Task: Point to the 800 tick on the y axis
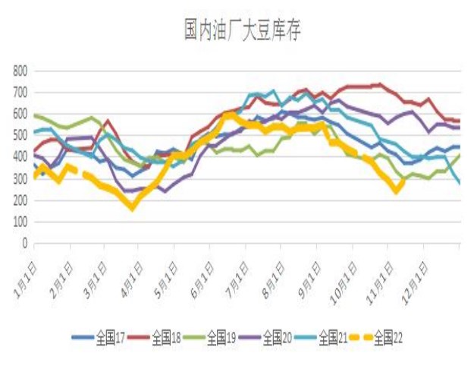[20, 71]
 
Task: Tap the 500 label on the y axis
[20, 136]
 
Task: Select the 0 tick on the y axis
[24, 244]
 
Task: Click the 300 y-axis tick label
[20, 179]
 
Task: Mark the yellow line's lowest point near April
[132, 206]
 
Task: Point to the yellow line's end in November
[401, 181]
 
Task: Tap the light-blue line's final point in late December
[460, 183]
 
